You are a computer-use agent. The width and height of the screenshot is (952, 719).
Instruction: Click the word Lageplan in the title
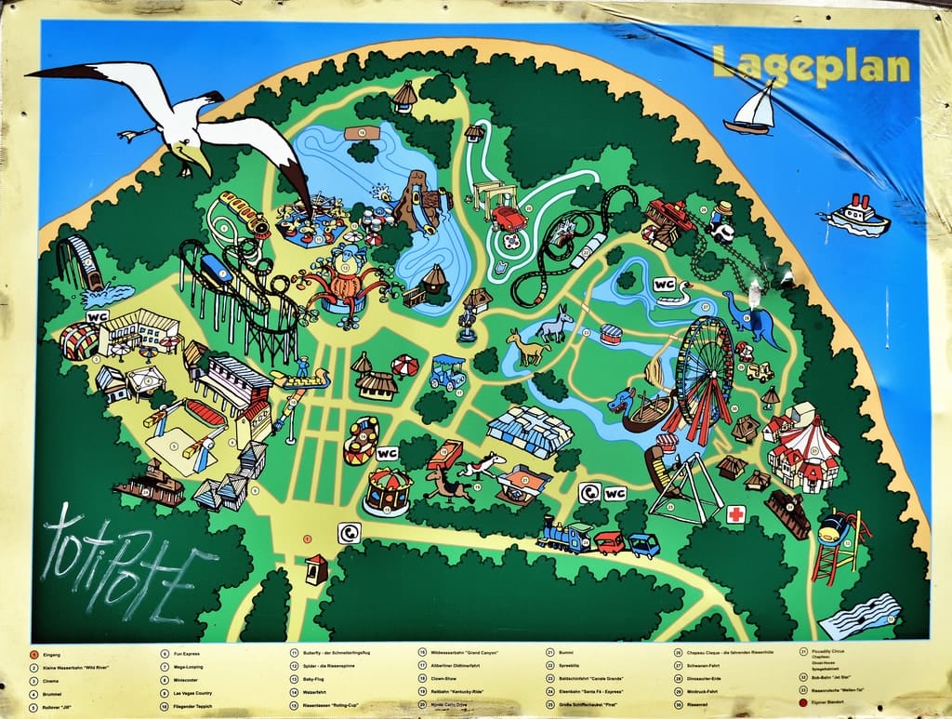coord(811,66)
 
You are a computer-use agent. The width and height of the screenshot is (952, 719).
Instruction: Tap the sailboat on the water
coord(752,110)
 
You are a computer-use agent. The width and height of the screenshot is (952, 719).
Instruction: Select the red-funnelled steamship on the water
coord(856,217)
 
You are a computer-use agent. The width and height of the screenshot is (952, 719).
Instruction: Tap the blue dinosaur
coord(755,318)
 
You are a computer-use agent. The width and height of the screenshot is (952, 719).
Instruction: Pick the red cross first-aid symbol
coord(735,514)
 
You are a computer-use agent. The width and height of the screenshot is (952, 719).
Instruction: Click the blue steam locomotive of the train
coord(564,537)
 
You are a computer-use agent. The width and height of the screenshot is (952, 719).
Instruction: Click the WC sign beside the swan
coord(665,284)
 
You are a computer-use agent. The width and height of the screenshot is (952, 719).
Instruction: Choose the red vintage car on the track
coord(509,219)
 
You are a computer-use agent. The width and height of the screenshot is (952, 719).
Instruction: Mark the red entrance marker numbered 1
coord(307,538)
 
